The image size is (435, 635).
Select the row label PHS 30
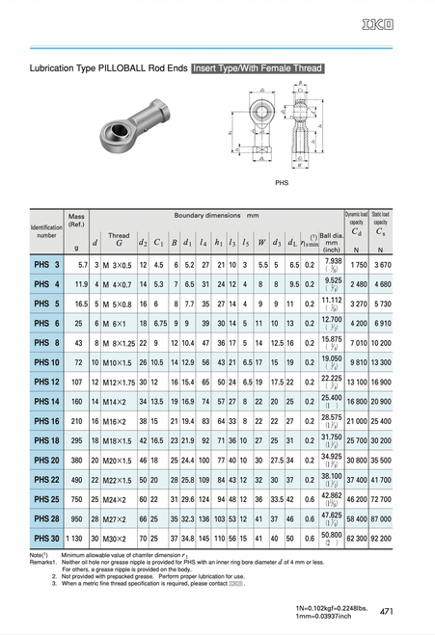coord(47,538)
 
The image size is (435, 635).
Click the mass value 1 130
coord(77,538)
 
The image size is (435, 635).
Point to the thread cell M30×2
coord(118,538)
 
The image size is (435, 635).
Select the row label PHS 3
coord(47,263)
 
